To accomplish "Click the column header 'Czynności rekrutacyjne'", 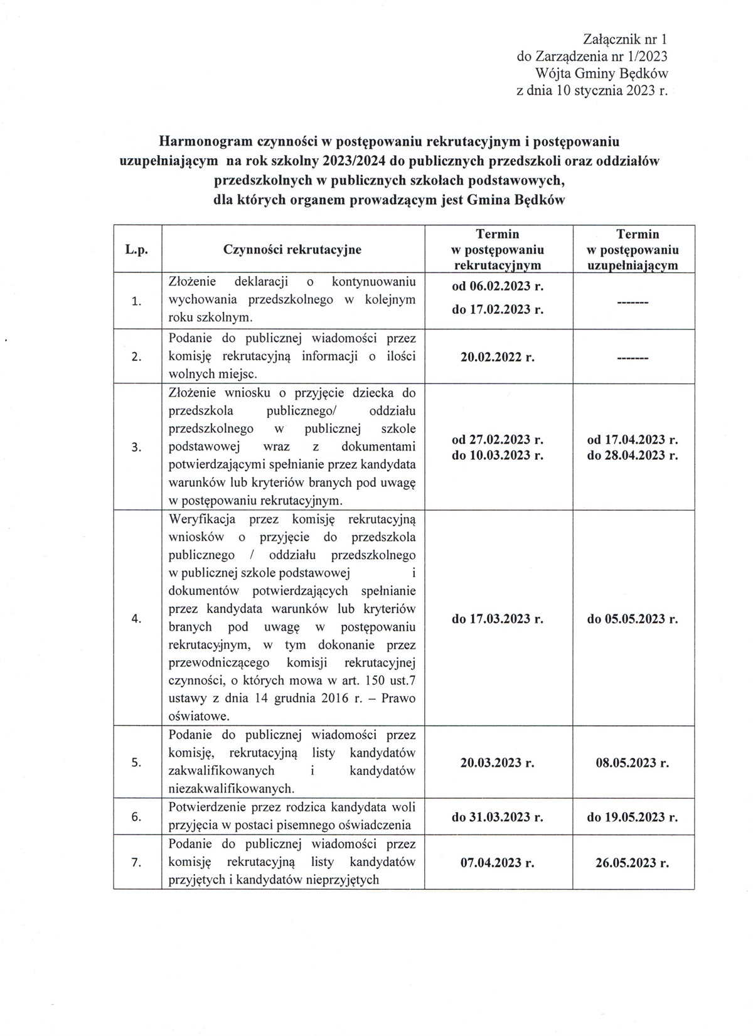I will tap(292, 249).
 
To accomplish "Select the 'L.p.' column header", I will tap(136, 249).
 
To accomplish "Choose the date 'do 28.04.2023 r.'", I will tap(633, 455).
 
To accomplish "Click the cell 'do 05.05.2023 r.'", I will tap(633, 619).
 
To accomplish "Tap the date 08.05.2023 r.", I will tap(633, 763).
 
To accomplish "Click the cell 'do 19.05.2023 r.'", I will tap(633, 817).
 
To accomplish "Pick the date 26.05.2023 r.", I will tap(633, 863).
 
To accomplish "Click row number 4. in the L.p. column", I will tap(136, 619).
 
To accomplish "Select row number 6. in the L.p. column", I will tap(136, 817).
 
